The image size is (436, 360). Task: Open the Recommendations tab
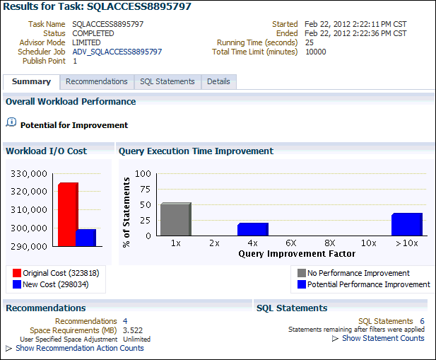point(96,81)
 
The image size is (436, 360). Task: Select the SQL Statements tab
point(167,81)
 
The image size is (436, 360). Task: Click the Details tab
point(218,81)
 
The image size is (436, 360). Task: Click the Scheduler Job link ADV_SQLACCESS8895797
point(117,52)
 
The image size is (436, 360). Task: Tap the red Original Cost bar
point(67,214)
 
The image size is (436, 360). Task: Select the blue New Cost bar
point(86,238)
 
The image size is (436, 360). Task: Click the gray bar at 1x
point(175,219)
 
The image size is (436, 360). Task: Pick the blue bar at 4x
point(252,229)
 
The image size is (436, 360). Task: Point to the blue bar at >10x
point(406,224)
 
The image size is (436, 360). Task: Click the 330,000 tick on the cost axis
point(30,173)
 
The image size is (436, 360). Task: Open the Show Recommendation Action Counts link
point(79,348)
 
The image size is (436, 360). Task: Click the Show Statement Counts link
point(382,338)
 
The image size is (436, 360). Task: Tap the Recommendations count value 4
point(125,321)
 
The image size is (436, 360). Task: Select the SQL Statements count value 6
point(422,321)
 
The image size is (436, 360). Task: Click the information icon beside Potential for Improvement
point(11,122)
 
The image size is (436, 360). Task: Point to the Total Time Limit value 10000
point(315,52)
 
